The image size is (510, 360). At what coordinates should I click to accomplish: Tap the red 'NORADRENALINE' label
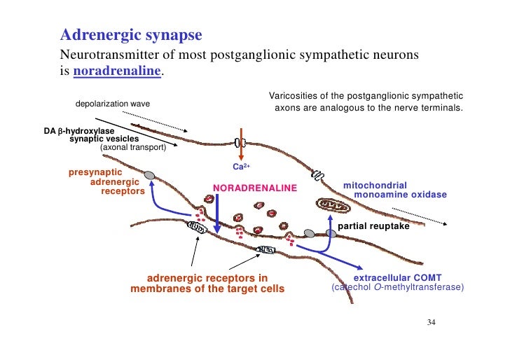pos(255,188)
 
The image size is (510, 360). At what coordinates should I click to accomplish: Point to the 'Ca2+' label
pos(242,167)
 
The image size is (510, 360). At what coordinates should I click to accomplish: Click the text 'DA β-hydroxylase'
pos(78,130)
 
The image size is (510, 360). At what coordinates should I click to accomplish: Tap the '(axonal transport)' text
pos(133,148)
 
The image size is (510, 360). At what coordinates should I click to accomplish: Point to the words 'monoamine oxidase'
pos(401,194)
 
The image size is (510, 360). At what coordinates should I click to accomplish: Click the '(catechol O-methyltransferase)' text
pos(397,289)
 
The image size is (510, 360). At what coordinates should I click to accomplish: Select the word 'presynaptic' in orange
pos(95,172)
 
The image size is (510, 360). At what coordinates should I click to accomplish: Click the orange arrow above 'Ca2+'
pos(242,144)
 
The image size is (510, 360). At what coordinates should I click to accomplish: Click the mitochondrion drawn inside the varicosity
pos(333,205)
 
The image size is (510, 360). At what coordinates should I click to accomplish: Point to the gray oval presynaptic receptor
pos(149,175)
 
